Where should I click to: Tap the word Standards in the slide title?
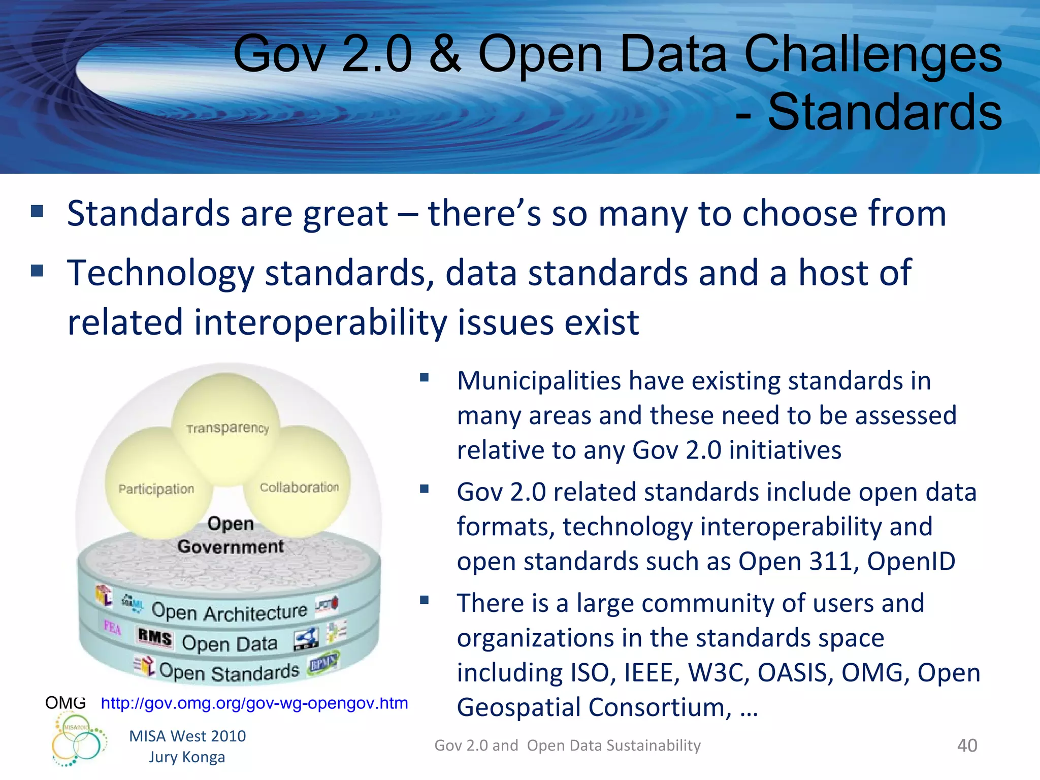click(885, 112)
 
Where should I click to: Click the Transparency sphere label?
click(227, 428)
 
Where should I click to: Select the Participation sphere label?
click(156, 489)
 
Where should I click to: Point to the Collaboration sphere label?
click(299, 487)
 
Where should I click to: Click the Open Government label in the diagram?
click(231, 535)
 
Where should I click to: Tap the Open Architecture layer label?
click(230, 612)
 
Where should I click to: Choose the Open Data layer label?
click(230, 643)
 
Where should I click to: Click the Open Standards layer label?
click(230, 672)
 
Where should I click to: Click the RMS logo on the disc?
click(155, 637)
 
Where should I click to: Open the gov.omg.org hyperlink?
click(254, 703)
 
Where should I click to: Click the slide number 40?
click(967, 745)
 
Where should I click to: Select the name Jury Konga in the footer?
click(187, 757)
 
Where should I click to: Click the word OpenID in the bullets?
click(911, 562)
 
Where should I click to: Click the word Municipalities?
click(539, 381)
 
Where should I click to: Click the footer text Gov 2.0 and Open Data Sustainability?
click(567, 745)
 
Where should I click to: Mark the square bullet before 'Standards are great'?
click(37, 211)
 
